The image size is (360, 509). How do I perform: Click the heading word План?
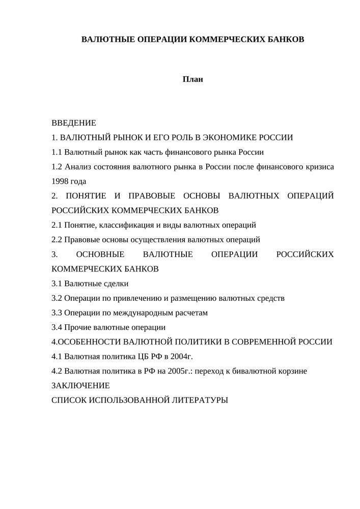point(193,79)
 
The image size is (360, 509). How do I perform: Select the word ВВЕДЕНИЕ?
point(73,123)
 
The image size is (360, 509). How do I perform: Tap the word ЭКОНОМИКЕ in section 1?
point(229,137)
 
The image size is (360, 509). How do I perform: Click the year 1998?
point(60,181)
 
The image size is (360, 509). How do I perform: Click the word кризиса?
point(318,166)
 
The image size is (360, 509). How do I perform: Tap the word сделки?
point(117,284)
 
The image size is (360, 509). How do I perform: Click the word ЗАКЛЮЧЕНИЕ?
point(80,385)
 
